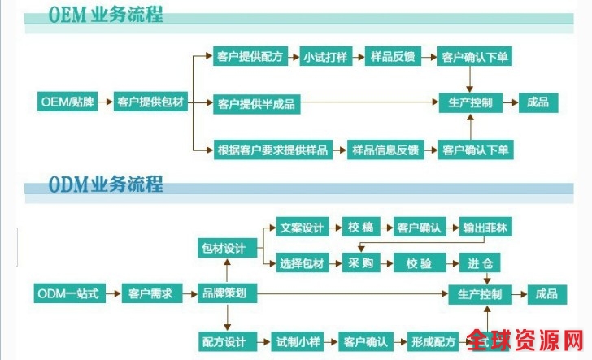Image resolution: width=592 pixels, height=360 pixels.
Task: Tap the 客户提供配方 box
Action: click(x=250, y=57)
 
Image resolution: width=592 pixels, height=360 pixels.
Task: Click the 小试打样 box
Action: click(x=326, y=57)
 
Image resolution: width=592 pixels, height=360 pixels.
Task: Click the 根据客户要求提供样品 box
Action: click(x=272, y=150)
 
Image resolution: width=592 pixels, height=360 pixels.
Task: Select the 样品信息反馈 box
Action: click(x=385, y=150)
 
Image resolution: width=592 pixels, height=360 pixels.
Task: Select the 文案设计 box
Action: click(x=301, y=228)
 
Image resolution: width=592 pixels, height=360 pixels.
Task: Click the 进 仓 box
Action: click(x=480, y=264)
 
